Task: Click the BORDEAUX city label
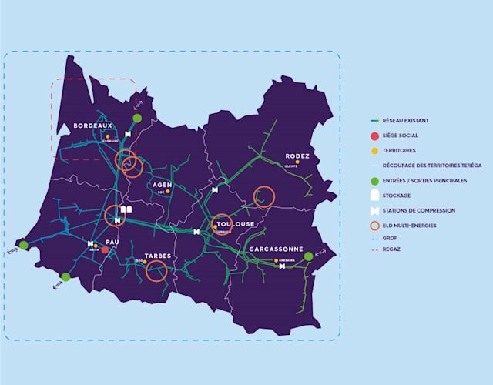tap(93, 126)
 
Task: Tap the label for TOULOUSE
tap(234, 224)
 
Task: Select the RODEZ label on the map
tap(297, 156)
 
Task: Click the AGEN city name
tap(163, 185)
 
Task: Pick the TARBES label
tap(157, 256)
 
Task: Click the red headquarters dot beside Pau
tap(105, 250)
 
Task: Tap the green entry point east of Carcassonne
tap(308, 256)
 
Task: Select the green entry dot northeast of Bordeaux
tap(137, 118)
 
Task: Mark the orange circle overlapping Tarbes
tap(157, 269)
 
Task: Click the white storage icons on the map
tap(127, 209)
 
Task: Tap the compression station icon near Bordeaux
tap(128, 134)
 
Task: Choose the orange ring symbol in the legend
tap(374, 225)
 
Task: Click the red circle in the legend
tap(374, 136)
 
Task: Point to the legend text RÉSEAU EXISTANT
tap(405, 121)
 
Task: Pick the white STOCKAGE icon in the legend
tap(374, 196)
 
